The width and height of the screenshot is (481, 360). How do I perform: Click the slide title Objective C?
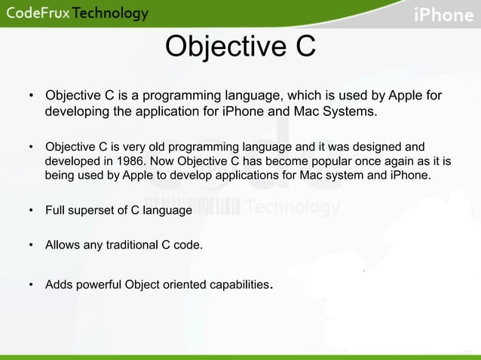click(240, 47)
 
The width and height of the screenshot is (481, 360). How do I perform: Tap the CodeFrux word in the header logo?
click(37, 14)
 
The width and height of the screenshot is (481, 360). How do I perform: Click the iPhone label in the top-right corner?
click(443, 14)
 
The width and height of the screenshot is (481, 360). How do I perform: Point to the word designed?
click(377, 146)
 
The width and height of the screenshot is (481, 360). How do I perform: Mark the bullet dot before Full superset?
click(31, 210)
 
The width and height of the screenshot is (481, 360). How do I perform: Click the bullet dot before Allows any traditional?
click(31, 245)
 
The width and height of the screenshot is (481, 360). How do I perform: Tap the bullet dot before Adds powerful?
click(31, 285)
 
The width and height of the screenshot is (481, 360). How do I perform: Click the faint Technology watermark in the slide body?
click(293, 207)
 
